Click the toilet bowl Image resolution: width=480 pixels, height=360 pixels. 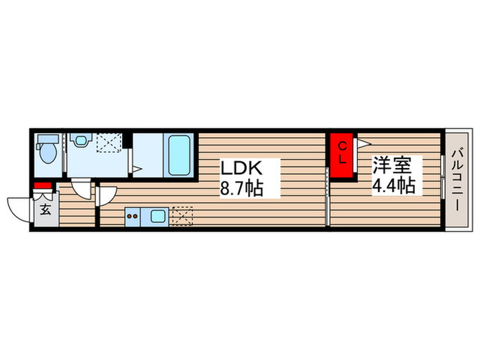49,154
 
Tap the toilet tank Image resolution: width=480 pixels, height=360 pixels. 48,139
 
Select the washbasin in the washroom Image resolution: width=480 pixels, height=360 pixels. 81,140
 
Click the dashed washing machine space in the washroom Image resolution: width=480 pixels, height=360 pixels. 109,143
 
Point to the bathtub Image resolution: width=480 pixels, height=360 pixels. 179,155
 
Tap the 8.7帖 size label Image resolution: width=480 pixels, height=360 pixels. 242,188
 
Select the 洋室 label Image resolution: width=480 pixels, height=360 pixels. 392,165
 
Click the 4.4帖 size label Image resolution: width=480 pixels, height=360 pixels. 394,185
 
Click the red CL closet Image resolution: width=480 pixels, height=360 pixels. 341,155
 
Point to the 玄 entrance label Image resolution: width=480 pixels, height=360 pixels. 46,210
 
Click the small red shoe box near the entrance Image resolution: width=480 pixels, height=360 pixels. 43,186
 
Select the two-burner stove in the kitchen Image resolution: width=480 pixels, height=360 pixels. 132,217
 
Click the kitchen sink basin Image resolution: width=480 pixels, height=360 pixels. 158,217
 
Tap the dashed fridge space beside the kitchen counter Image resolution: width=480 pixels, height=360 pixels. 182,216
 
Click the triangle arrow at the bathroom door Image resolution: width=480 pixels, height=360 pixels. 137,169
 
